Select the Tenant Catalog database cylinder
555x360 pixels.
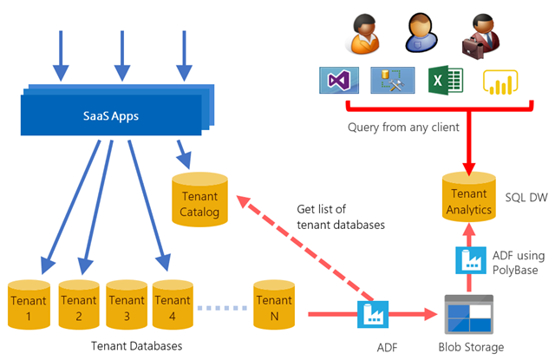click(200, 198)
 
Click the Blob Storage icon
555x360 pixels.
click(468, 314)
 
